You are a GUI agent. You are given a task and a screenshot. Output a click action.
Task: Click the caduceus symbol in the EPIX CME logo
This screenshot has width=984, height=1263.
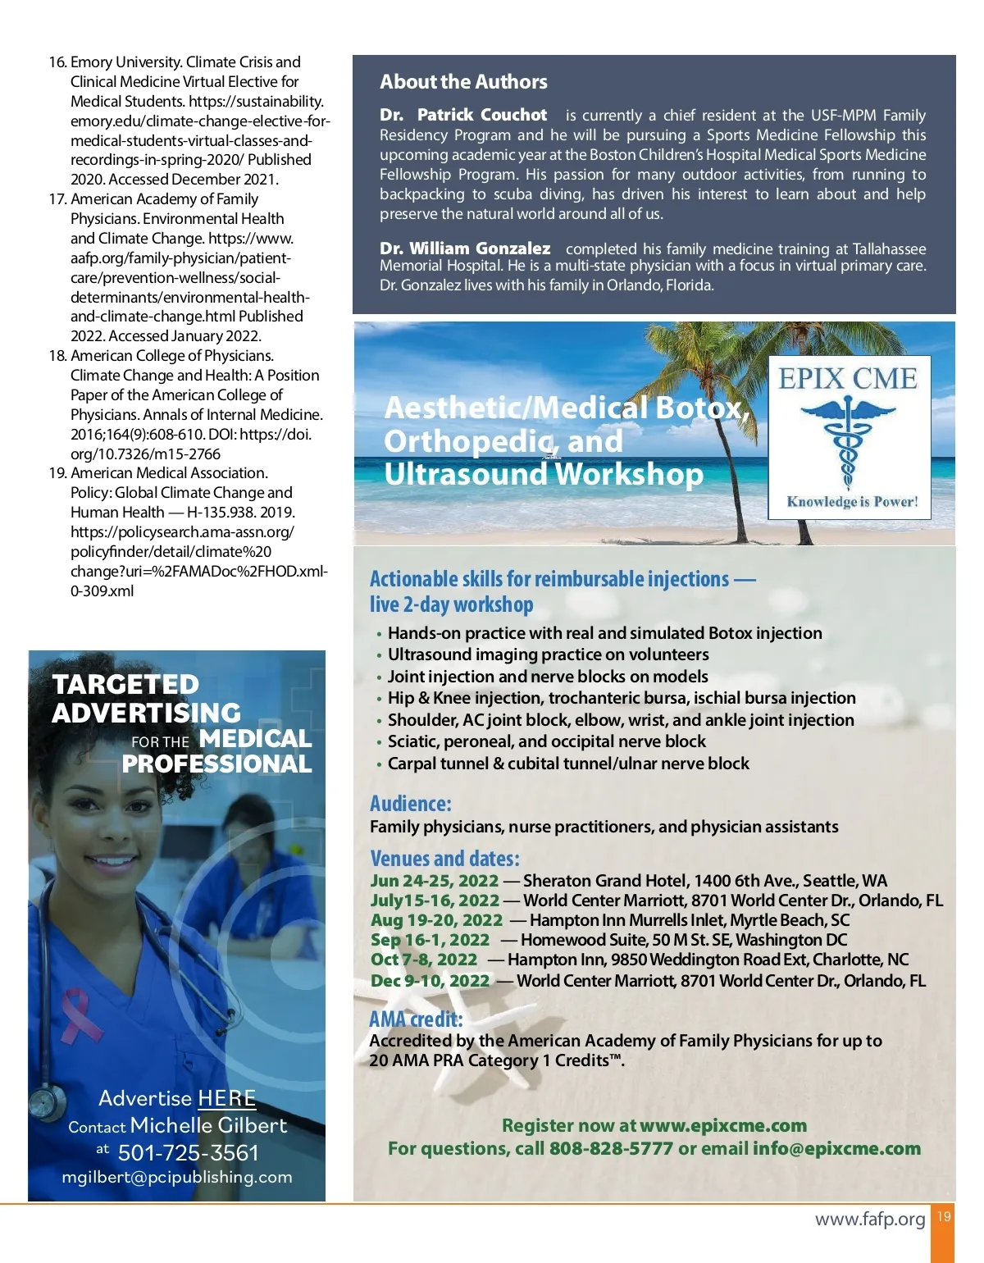click(848, 442)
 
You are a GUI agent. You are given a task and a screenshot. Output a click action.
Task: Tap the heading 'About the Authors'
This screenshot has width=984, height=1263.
click(463, 82)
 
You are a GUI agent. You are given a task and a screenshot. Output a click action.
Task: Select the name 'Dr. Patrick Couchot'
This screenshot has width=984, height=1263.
click(463, 115)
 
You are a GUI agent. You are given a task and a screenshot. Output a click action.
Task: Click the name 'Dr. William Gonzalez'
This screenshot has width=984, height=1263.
click(465, 248)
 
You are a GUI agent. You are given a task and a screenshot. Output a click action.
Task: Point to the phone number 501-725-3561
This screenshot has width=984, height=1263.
click(188, 1153)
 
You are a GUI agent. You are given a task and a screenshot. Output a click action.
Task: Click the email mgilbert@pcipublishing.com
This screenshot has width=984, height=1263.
click(177, 1177)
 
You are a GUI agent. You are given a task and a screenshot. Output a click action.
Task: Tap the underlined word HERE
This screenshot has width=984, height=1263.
click(226, 1098)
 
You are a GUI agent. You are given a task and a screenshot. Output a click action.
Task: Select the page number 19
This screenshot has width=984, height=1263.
click(944, 1216)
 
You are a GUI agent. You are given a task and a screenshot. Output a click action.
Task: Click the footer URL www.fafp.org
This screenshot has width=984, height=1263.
click(870, 1220)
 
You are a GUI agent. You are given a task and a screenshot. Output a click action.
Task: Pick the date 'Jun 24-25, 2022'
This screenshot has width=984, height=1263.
click(434, 881)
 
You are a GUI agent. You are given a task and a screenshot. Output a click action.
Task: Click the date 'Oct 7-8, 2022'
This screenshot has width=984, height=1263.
click(423, 960)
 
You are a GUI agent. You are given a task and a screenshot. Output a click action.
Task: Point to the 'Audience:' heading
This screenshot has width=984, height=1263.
click(410, 804)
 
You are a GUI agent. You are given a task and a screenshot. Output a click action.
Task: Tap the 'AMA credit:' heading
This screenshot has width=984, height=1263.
click(416, 1019)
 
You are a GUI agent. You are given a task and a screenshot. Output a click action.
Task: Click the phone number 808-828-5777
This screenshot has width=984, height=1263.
click(611, 1149)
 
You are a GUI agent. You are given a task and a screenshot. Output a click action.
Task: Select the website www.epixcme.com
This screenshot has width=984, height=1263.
click(723, 1126)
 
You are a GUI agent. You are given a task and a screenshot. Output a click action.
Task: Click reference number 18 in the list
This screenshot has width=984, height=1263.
click(57, 356)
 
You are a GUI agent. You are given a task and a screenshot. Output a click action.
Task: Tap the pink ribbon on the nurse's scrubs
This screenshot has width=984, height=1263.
click(78, 1011)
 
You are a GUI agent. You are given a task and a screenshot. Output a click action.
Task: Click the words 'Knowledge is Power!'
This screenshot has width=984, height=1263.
click(852, 502)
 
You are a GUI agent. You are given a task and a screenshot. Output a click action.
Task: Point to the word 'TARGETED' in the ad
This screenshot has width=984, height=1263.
click(125, 685)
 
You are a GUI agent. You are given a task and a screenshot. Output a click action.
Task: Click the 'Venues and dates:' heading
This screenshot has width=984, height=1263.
click(444, 859)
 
